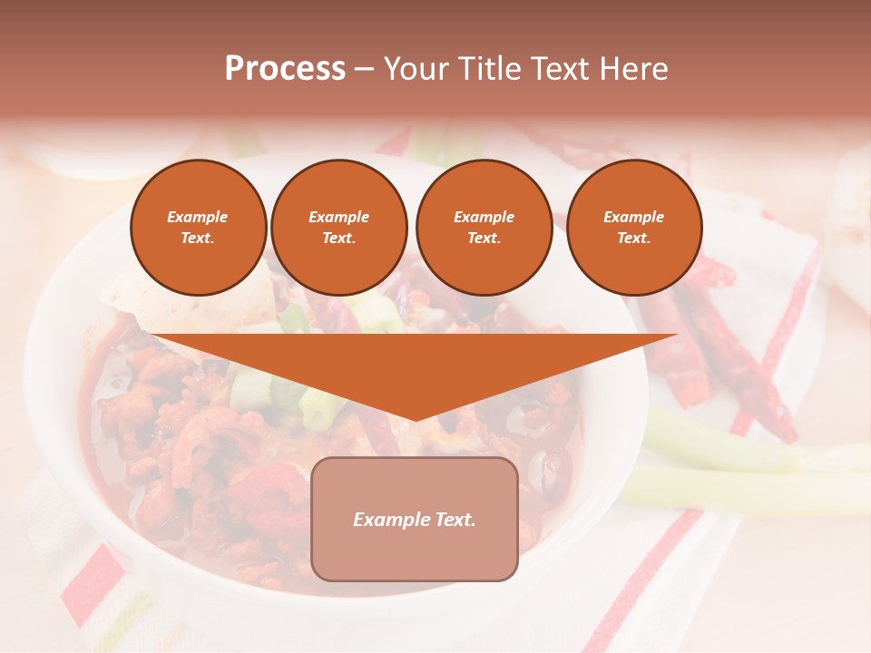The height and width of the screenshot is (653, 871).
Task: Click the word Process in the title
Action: (285, 69)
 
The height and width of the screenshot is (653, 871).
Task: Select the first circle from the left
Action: (199, 228)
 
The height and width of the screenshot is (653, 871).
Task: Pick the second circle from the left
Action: (339, 228)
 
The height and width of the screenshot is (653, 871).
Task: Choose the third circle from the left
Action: (484, 228)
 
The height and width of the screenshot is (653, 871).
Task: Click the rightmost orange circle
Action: (634, 228)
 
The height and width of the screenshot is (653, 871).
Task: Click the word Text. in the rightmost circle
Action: (634, 239)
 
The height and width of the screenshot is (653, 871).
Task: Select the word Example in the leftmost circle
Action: (198, 218)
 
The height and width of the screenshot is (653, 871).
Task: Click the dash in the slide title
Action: (364, 69)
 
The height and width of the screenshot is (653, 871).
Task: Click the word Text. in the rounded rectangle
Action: (453, 520)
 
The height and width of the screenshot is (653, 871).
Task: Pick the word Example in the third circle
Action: (484, 218)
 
